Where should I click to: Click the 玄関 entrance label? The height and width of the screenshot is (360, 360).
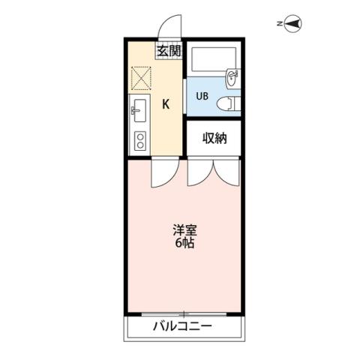pos(169,51)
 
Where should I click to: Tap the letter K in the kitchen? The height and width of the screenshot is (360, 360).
pos(166,104)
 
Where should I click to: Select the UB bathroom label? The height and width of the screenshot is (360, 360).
pos(202,96)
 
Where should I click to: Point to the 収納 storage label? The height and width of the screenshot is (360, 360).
pos(214,137)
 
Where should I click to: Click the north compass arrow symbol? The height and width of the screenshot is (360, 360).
pos(292,25)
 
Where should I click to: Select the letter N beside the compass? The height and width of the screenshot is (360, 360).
pos(278,25)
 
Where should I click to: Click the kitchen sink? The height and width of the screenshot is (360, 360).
pos(139,113)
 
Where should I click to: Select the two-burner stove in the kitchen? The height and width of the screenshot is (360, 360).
pos(139,140)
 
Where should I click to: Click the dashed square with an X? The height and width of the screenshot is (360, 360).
pos(142,77)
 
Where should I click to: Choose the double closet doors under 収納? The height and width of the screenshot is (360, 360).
pos(214,173)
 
